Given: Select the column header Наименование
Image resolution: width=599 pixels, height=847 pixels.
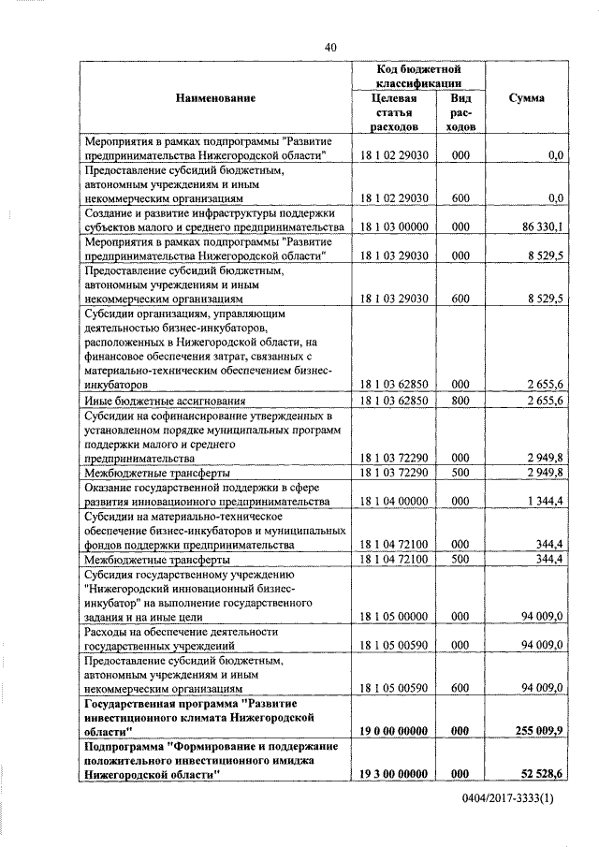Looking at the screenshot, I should coord(214,98).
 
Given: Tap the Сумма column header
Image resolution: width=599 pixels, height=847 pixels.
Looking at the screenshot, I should coord(527,98).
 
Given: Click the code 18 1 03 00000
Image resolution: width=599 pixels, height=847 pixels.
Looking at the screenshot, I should coord(393,227).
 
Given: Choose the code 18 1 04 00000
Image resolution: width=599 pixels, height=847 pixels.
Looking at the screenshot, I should coord(393,502).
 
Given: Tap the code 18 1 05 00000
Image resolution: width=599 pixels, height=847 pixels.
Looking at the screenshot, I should coord(393,618).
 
